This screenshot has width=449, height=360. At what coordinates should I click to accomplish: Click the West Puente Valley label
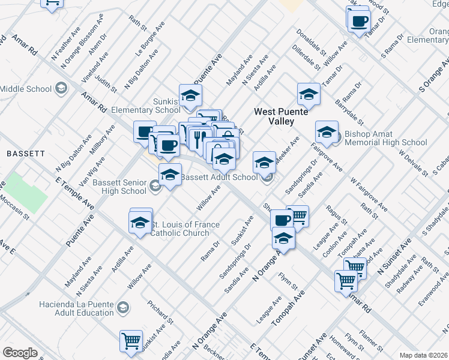click(x=281, y=116)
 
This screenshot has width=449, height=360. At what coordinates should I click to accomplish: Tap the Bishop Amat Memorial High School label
click(x=385, y=138)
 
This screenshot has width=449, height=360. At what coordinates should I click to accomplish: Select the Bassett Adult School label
click(x=219, y=178)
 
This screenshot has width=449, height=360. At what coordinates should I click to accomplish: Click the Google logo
click(x=20, y=353)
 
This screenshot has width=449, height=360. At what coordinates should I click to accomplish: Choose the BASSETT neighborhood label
click(x=26, y=154)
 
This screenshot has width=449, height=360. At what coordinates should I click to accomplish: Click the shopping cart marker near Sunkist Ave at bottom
click(x=131, y=340)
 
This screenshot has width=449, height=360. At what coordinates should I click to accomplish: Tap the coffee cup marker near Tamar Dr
click(x=359, y=21)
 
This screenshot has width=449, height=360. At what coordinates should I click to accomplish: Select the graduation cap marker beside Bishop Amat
click(x=327, y=133)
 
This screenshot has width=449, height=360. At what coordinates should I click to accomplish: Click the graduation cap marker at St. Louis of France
click(x=140, y=221)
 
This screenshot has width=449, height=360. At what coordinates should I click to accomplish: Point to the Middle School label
click(x=26, y=89)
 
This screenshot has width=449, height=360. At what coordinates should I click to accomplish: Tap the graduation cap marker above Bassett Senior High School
click(x=170, y=175)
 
